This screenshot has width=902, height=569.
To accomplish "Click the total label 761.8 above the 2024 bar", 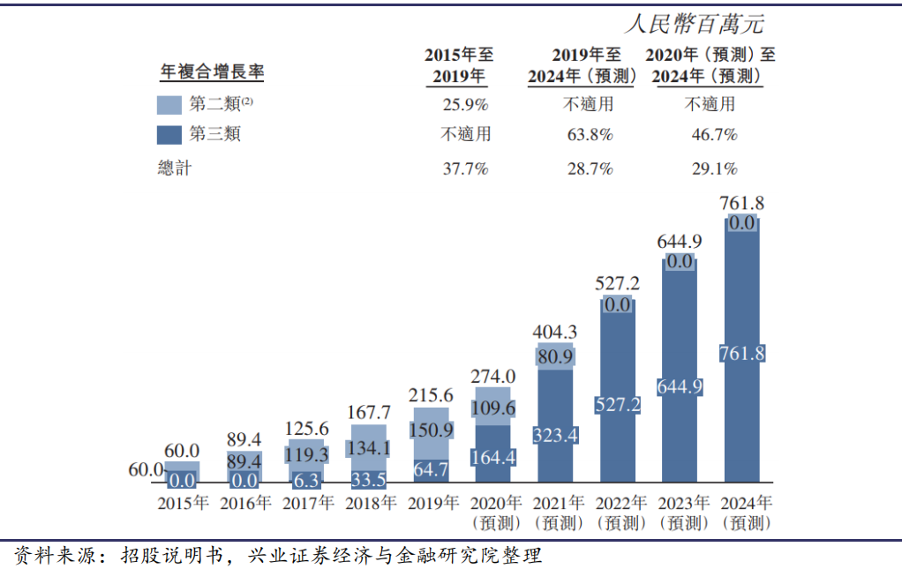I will pyautogui.click(x=741, y=203).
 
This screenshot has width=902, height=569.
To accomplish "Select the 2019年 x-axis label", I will pyautogui.click(x=432, y=504).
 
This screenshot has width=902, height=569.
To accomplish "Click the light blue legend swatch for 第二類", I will pyautogui.click(x=169, y=105).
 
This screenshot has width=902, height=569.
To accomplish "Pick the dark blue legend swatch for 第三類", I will pyautogui.click(x=169, y=135).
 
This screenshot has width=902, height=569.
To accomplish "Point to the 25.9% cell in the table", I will pyautogui.click(x=465, y=104).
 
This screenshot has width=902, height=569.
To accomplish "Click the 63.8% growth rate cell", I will pyautogui.click(x=590, y=135).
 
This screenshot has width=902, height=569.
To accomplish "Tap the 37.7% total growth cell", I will pyautogui.click(x=465, y=168).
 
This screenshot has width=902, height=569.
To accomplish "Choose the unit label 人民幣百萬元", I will pyautogui.click(x=693, y=24).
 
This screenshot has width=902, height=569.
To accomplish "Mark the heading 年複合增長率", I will pyautogui.click(x=212, y=71).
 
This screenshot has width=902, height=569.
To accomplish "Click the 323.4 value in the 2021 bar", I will pyautogui.click(x=556, y=435).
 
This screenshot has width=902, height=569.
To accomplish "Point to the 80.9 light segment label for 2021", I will pyautogui.click(x=556, y=356).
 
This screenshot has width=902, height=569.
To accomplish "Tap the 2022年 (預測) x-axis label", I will pyautogui.click(x=621, y=513).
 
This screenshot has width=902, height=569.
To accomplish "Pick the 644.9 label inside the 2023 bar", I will pyautogui.click(x=680, y=386).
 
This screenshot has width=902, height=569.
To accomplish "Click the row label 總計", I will pyautogui.click(x=174, y=168).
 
